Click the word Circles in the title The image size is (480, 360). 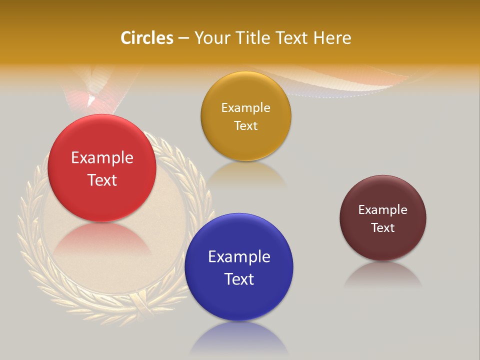point(147,38)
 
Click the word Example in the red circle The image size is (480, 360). point(102,158)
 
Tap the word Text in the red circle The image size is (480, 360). point(102,180)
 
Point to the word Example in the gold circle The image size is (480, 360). point(245,108)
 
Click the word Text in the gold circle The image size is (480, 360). point(245,125)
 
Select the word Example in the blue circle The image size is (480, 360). point(239,257)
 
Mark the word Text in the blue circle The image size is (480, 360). point(239,279)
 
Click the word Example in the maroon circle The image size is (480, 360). point(383,210)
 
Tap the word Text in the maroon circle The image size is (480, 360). point(383,228)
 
